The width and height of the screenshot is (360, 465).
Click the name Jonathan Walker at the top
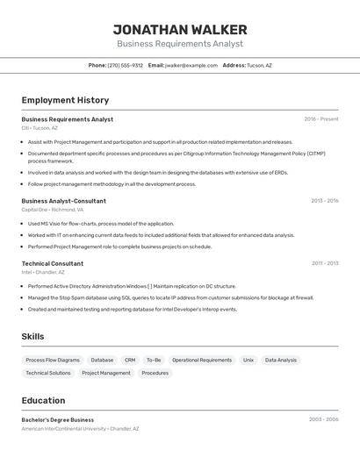coord(180,30)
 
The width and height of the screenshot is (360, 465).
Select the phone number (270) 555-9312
coord(125,65)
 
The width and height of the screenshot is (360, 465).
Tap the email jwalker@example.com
coord(191,65)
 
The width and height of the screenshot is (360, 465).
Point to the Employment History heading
coord(65,100)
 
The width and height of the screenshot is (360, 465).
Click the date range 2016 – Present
coord(321,119)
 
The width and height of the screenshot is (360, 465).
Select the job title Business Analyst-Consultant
coord(63,201)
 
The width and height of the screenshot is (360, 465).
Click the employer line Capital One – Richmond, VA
coord(53,210)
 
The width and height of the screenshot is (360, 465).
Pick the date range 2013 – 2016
coord(324,201)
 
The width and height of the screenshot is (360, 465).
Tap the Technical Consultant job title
coord(53,263)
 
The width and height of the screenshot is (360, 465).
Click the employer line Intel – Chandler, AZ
coord(43,272)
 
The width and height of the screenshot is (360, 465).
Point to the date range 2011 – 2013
coord(324,263)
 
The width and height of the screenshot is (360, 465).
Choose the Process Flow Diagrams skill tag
coord(53,360)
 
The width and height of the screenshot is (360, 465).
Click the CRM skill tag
coord(130,360)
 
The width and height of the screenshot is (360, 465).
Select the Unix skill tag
coord(248,360)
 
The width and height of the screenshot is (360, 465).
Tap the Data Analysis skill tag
coord(281,360)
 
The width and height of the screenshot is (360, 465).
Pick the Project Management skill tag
coord(106,373)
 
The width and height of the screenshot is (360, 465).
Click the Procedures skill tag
coord(155,373)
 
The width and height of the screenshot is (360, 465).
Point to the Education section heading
coord(43,400)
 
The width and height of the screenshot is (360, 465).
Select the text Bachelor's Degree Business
coord(57,419)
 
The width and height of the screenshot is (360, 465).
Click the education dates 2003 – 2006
coord(323,419)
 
